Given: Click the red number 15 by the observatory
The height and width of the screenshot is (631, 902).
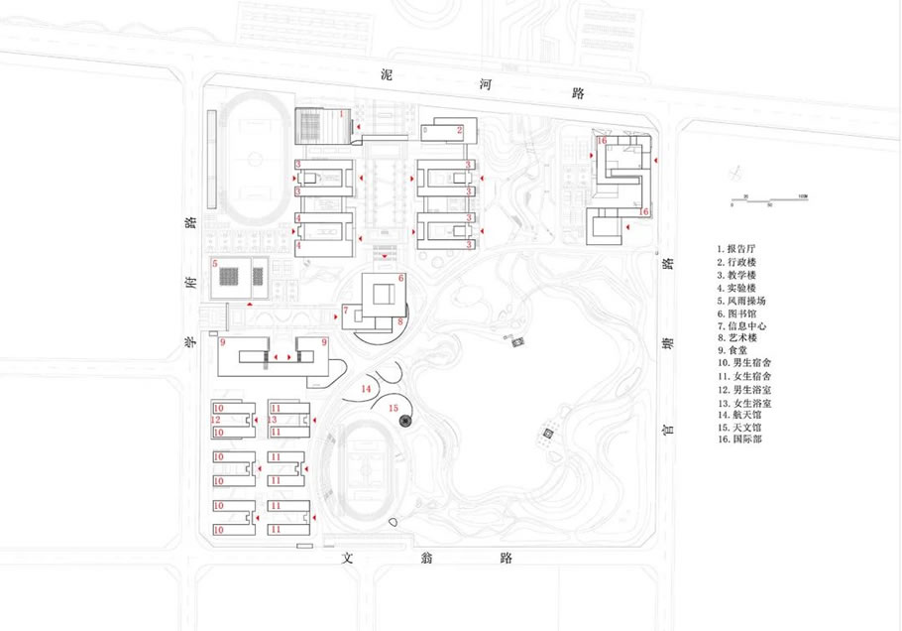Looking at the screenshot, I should [394, 408].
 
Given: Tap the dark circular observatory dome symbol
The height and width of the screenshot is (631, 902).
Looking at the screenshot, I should [404, 421].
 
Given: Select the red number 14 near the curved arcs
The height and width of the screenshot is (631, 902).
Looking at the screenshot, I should [366, 389].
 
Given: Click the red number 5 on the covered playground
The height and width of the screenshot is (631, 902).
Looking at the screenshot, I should [214, 266].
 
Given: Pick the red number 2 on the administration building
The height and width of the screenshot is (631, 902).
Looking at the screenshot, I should [459, 130].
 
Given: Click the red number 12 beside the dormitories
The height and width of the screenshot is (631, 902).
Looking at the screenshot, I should [215, 421].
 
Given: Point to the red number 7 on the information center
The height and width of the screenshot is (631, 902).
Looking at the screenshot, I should [346, 313].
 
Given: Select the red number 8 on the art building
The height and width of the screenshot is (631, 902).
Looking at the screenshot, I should [399, 321].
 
